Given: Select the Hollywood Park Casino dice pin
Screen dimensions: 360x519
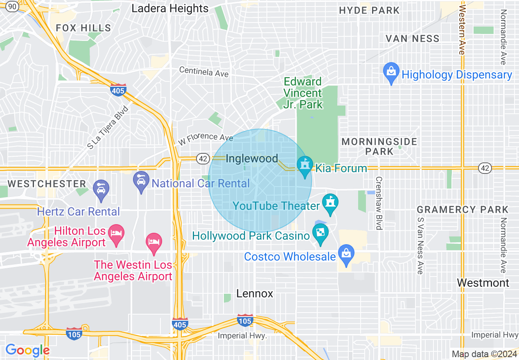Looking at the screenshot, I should (320, 234).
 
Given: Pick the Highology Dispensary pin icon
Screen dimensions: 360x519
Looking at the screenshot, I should (391, 73).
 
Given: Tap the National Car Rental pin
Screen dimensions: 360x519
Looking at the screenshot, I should (141, 182).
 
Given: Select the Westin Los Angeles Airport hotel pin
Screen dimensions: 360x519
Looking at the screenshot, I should (154, 243).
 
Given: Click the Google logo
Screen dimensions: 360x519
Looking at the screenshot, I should (27, 350).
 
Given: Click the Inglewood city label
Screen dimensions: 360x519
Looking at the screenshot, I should (252, 159).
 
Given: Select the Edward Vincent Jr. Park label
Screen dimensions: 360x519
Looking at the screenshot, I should (303, 93).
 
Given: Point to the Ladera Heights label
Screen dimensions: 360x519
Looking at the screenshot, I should (170, 9).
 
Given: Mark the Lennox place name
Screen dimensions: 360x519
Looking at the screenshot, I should (255, 293).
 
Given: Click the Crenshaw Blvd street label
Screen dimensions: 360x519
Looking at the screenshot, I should (379, 203).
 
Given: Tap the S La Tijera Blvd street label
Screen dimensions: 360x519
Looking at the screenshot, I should (108, 128).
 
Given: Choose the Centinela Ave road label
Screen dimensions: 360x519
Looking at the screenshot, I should (204, 72).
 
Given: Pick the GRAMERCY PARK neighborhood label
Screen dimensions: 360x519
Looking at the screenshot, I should (463, 210).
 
